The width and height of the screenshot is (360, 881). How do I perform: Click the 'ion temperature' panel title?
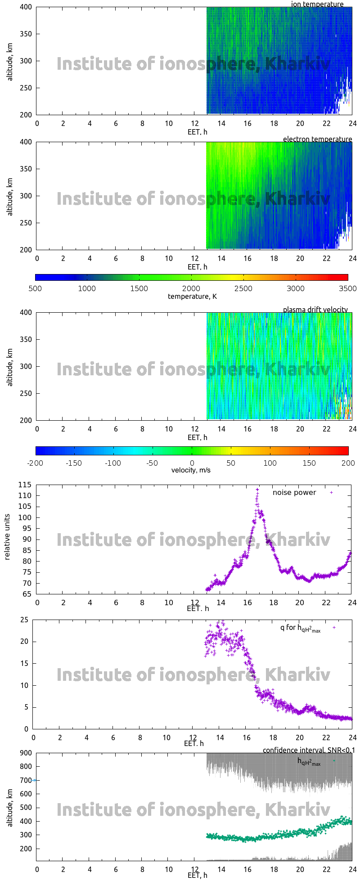pos(317,4)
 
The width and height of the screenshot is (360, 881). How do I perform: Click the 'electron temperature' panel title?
pos(317,139)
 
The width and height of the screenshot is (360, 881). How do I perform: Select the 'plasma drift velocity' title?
pos(315,310)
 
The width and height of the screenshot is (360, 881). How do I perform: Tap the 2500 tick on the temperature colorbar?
pos(243,288)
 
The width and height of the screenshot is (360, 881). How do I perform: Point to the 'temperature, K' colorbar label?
pos(192,296)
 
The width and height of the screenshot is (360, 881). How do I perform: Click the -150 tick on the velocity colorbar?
pos(74,463)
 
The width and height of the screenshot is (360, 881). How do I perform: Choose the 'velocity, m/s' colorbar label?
pos(191,470)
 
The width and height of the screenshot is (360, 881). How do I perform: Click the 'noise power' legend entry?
pos(294,492)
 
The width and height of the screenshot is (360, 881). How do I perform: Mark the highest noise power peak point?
pos(257,490)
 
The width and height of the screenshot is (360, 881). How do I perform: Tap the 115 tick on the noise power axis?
pos(25,485)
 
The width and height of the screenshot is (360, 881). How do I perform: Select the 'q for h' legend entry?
pos(300,628)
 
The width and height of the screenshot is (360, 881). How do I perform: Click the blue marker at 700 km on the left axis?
pos(35,780)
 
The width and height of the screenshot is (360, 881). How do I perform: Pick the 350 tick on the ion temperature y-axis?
pos(26,34)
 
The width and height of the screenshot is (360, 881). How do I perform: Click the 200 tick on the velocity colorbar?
pos(347,463)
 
